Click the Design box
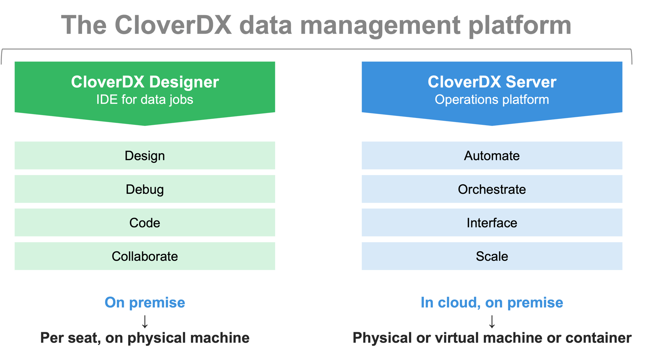coord(145,155)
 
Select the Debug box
coord(145,189)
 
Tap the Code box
coord(145,223)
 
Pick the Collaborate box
coord(145,256)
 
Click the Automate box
coord(492,155)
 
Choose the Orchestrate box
coord(492,189)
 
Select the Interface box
coord(492,223)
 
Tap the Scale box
coord(492,256)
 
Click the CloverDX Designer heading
coord(145,82)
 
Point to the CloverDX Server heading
coord(492,82)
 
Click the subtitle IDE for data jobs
coord(145,100)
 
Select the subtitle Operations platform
coord(492,100)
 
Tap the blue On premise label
coord(145,303)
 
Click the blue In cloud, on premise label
coord(492,303)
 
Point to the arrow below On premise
coord(145,321)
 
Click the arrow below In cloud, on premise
coord(492,321)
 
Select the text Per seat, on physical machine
coord(145,338)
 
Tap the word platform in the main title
coord(520,26)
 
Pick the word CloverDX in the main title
coord(173,25)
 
